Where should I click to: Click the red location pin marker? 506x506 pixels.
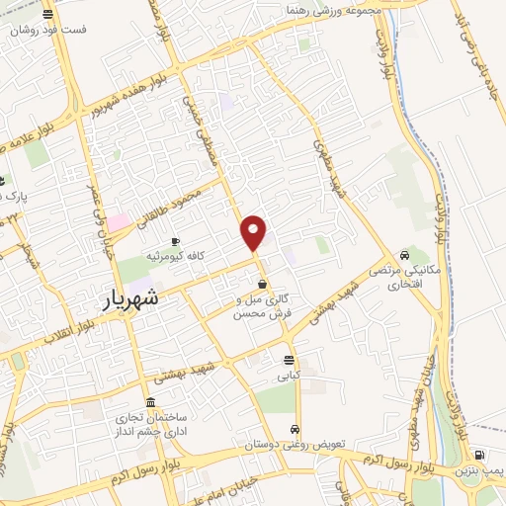coord(254,232)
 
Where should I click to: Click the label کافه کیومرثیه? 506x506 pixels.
coord(176,256)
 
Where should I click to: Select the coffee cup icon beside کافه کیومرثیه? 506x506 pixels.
coord(176,241)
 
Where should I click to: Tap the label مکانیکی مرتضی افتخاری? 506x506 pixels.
coord(395,277)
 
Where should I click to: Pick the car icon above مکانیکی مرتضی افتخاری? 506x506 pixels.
coord(403,254)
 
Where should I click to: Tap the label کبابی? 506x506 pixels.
coord(289,376)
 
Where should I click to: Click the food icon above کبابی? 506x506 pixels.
coord(289,360)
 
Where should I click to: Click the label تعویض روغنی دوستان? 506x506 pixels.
coord(295,445)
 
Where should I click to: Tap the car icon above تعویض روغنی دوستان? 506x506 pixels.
coord(295,429)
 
